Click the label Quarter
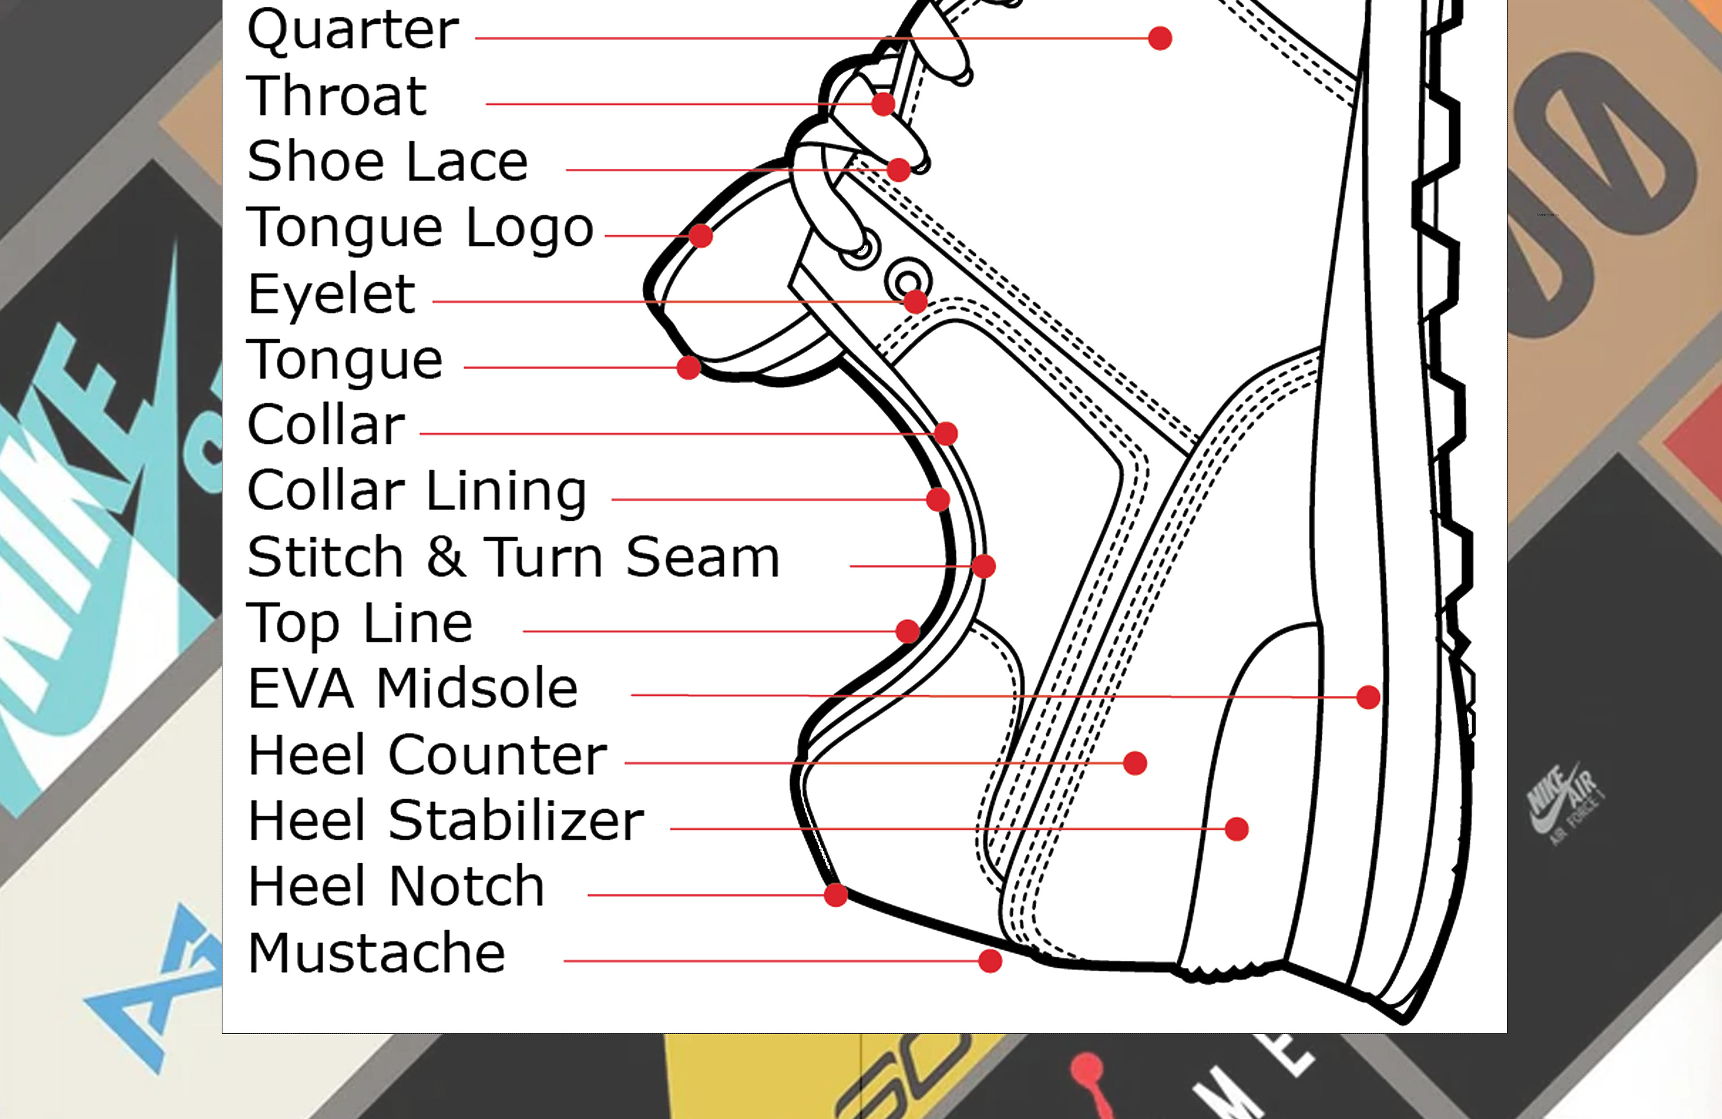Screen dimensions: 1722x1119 click(x=352, y=31)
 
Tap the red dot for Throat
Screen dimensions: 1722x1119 click(x=883, y=104)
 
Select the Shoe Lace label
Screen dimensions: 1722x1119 click(x=387, y=162)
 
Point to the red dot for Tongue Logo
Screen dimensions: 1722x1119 click(x=700, y=236)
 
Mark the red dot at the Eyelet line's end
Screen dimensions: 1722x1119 click(x=915, y=302)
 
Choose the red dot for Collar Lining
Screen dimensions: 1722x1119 click(x=938, y=499)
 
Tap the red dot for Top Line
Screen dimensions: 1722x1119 click(x=907, y=631)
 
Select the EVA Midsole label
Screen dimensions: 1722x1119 click(x=413, y=688)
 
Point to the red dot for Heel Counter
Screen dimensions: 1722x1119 click(x=1135, y=763)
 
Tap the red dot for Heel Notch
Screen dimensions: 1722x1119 click(x=836, y=896)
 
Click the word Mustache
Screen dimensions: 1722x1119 click(x=376, y=953)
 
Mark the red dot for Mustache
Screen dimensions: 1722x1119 click(x=990, y=961)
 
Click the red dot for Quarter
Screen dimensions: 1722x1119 click(x=1160, y=38)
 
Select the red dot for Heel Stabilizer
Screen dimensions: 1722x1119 click(x=1236, y=829)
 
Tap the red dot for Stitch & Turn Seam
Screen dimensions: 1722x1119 click(x=983, y=566)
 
